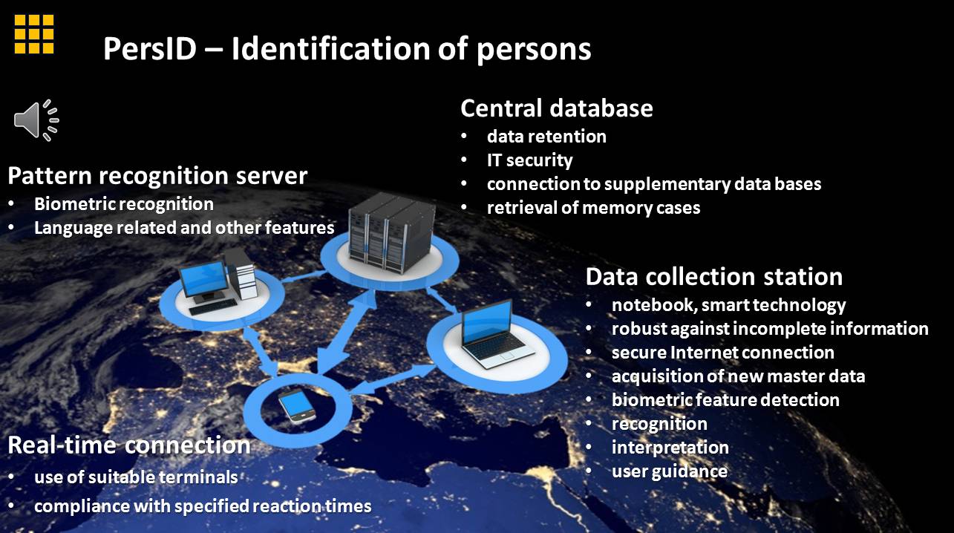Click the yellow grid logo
click(34, 33)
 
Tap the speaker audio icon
click(36, 120)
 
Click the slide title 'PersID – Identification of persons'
click(347, 49)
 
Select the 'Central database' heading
click(556, 108)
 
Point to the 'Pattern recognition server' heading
click(157, 176)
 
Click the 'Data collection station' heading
click(713, 277)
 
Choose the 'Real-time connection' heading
click(129, 445)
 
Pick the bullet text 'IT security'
click(529, 160)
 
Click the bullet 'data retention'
click(546, 137)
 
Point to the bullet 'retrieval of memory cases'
click(593, 207)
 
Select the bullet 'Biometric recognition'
click(124, 203)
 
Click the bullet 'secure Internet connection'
click(722, 352)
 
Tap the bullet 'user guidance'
click(669, 471)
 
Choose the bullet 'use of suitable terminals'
click(136, 476)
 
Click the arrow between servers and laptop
click(441, 300)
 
